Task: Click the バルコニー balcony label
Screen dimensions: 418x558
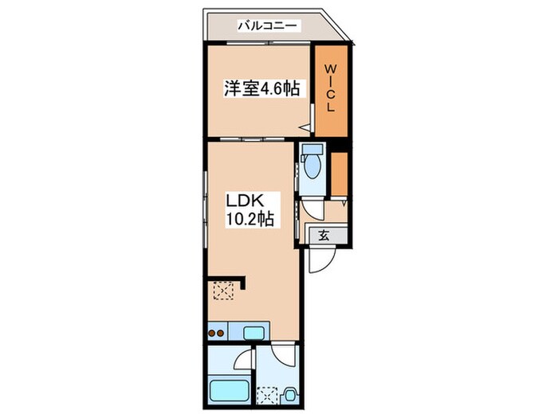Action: point(267,26)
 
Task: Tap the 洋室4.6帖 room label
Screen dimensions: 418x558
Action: point(261,89)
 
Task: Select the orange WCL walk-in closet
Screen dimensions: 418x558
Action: point(330,89)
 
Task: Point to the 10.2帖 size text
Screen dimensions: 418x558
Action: point(250,220)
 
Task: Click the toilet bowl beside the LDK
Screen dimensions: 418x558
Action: point(311,170)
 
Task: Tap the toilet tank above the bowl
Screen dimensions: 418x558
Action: point(311,152)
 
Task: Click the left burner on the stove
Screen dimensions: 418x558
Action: point(213,333)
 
